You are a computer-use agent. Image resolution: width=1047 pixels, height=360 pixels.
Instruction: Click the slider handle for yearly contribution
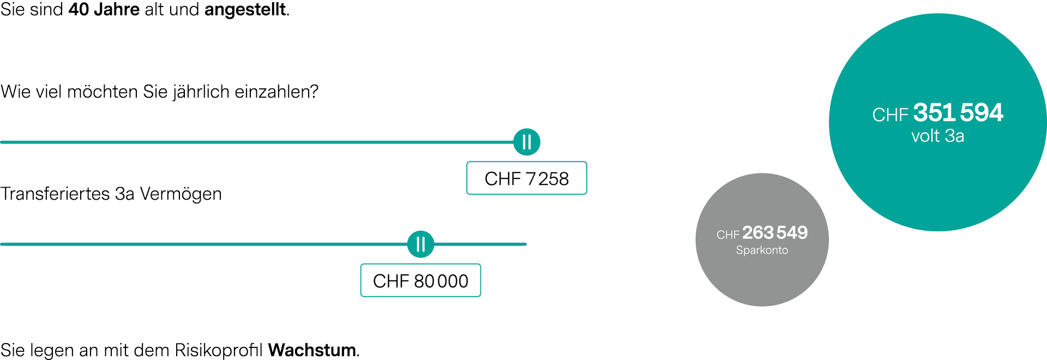[527, 142]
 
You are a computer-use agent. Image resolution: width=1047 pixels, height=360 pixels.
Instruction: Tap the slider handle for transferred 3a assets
[420, 244]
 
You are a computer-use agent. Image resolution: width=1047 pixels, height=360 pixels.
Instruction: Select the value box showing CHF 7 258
[527, 178]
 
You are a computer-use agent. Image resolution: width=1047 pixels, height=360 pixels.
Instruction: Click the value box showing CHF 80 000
[420, 280]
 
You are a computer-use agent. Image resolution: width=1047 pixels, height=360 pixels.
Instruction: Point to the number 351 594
[958, 112]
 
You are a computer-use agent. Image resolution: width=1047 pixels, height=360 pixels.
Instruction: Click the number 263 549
[775, 232]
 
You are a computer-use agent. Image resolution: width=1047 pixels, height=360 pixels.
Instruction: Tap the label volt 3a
[937, 136]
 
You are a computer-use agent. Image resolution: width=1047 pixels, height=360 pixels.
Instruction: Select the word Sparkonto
[762, 250]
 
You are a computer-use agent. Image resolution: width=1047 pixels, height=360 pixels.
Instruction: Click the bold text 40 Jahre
[104, 10]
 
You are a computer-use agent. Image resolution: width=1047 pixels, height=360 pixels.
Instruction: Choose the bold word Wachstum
[312, 350]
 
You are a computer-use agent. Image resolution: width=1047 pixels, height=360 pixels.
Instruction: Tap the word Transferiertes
[55, 194]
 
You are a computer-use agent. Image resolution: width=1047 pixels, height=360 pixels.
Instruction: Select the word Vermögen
[181, 194]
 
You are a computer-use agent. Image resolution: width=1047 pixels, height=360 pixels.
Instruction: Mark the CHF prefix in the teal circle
[890, 115]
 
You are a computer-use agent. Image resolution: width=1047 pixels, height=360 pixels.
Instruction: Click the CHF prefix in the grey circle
[728, 235]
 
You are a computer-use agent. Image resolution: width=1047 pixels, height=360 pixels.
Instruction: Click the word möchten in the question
[103, 92]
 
